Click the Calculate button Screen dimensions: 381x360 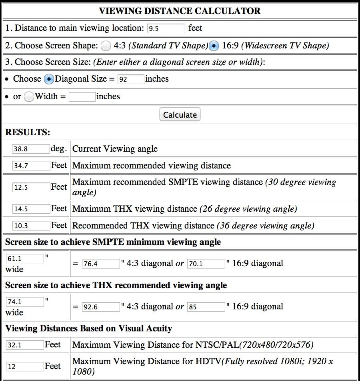pyautogui.click(x=180, y=114)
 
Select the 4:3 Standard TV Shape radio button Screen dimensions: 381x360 pyautogui.click(x=106, y=46)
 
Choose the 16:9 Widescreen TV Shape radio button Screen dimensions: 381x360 pyautogui.click(x=214, y=46)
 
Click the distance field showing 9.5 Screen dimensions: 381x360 pyautogui.click(x=166, y=28)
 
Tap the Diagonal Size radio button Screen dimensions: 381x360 pyautogui.click(x=49, y=79)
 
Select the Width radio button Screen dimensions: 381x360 pyautogui.click(x=29, y=97)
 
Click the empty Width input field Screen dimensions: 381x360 pyautogui.click(x=82, y=97)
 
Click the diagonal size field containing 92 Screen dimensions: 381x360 pyautogui.click(x=131, y=79)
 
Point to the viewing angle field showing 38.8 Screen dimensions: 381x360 pyautogui.click(x=31, y=149)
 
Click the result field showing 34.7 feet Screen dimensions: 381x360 pyautogui.click(x=31, y=166)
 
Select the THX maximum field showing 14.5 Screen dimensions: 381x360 pyautogui.click(x=31, y=209)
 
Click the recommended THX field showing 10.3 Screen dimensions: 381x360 pyautogui.click(x=31, y=226)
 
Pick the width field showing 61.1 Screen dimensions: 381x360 pyautogui.click(x=25, y=259)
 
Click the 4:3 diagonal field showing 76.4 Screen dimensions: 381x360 pyautogui.click(x=101, y=264)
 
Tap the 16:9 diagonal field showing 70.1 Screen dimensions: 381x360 pyautogui.click(x=206, y=264)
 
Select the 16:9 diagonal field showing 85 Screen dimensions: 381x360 pyautogui.click(x=206, y=307)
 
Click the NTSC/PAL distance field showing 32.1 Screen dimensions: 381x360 pyautogui.click(x=25, y=345)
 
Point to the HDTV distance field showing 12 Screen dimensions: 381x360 pyautogui.click(x=25, y=366)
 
